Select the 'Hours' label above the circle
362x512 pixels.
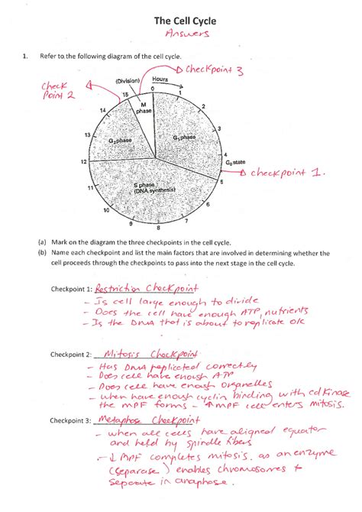tap(160, 79)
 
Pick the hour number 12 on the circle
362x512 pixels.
tap(82, 162)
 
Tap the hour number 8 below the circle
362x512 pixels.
tap(158, 228)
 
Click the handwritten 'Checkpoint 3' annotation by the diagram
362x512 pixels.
tap(214, 71)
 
